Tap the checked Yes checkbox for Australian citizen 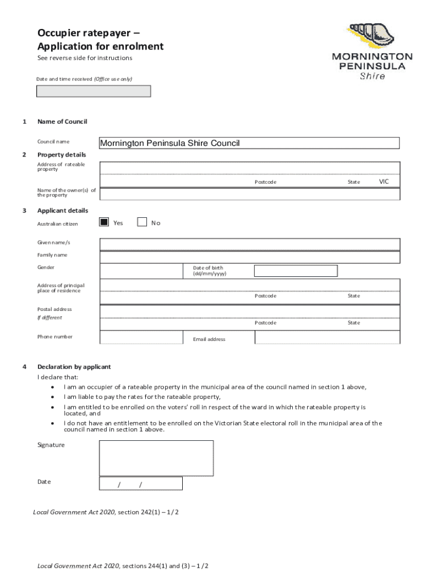pyautogui.click(x=104, y=222)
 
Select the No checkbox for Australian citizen pyautogui.click(x=142, y=222)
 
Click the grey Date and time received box pyautogui.click(x=94, y=91)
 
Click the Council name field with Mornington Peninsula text pyautogui.click(x=249, y=143)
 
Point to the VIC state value pyautogui.click(x=384, y=182)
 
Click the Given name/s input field pyautogui.click(x=250, y=244)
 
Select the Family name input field pyautogui.click(x=250, y=257)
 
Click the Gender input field pyautogui.click(x=142, y=271)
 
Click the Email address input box pyautogui.click(x=327, y=338)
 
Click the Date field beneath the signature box pyautogui.click(x=141, y=483)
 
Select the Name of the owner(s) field pyautogui.click(x=250, y=194)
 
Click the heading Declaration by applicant pyautogui.click(x=74, y=367)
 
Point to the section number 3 pyautogui.click(x=24, y=210)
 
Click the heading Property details pyautogui.click(x=62, y=155)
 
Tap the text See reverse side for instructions pyautogui.click(x=85, y=58)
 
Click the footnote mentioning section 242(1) pyautogui.click(x=106, y=512)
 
